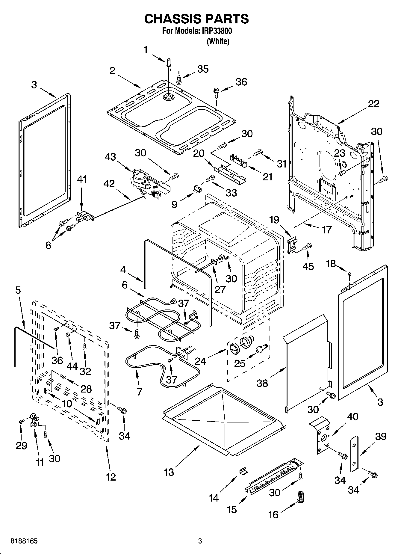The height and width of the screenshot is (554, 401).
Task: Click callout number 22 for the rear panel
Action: (373, 104)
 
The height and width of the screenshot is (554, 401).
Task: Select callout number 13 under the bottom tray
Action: (169, 472)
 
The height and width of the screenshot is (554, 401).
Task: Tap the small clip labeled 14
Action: (243, 471)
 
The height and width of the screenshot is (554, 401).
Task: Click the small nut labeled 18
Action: (349, 274)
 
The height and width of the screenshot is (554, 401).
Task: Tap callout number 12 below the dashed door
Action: (111, 476)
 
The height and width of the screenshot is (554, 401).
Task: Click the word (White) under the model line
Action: (218, 41)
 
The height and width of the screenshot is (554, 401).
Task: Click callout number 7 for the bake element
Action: (140, 391)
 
